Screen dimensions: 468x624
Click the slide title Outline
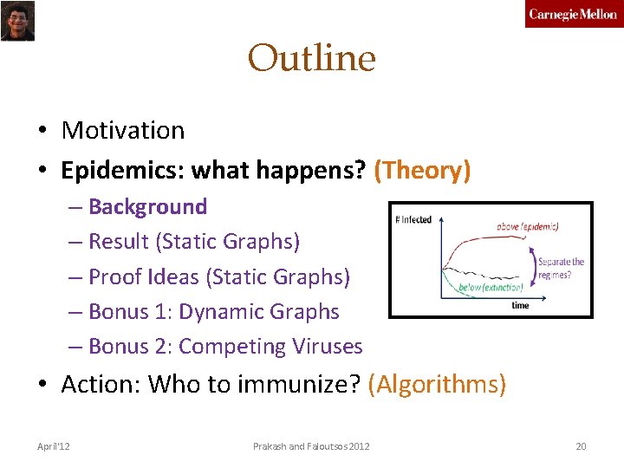[312, 59]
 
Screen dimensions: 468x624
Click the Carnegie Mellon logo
[573, 15]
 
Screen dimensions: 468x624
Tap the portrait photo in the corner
[17, 21]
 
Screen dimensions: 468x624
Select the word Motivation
[123, 130]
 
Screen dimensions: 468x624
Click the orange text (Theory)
[422, 170]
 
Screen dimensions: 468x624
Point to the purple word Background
[147, 206]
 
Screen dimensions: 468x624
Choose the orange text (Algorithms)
[437, 383]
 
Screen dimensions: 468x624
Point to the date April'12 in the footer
[54, 446]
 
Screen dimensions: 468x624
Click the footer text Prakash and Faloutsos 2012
[311, 446]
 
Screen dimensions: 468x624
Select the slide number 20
[581, 446]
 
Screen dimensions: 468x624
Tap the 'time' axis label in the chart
[520, 305]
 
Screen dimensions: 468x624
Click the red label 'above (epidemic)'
[527, 227]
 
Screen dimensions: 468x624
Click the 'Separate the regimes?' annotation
[561, 267]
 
